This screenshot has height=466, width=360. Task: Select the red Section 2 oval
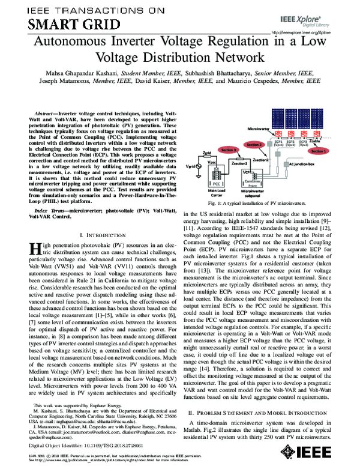click(254, 145)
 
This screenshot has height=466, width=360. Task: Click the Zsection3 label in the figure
click(238, 163)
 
